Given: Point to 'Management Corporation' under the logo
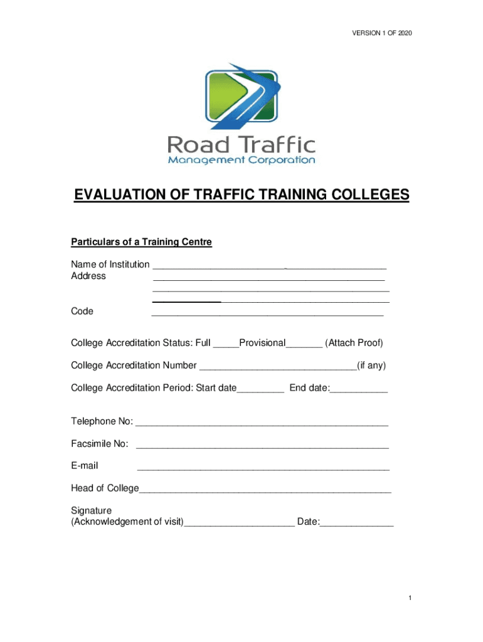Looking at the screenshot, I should pyautogui.click(x=242, y=160).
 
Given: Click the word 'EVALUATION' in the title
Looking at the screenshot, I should pyautogui.click(x=129, y=196).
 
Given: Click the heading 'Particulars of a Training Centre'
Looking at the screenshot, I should pyautogui.click(x=141, y=242).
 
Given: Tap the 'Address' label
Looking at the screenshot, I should pyautogui.click(x=88, y=276).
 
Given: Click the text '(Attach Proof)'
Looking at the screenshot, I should pyautogui.click(x=354, y=343).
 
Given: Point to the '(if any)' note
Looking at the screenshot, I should pyautogui.click(x=371, y=366).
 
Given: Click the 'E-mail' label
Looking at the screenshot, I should pyautogui.click(x=85, y=466).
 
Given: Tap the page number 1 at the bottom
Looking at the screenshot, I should pyautogui.click(x=409, y=599).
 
